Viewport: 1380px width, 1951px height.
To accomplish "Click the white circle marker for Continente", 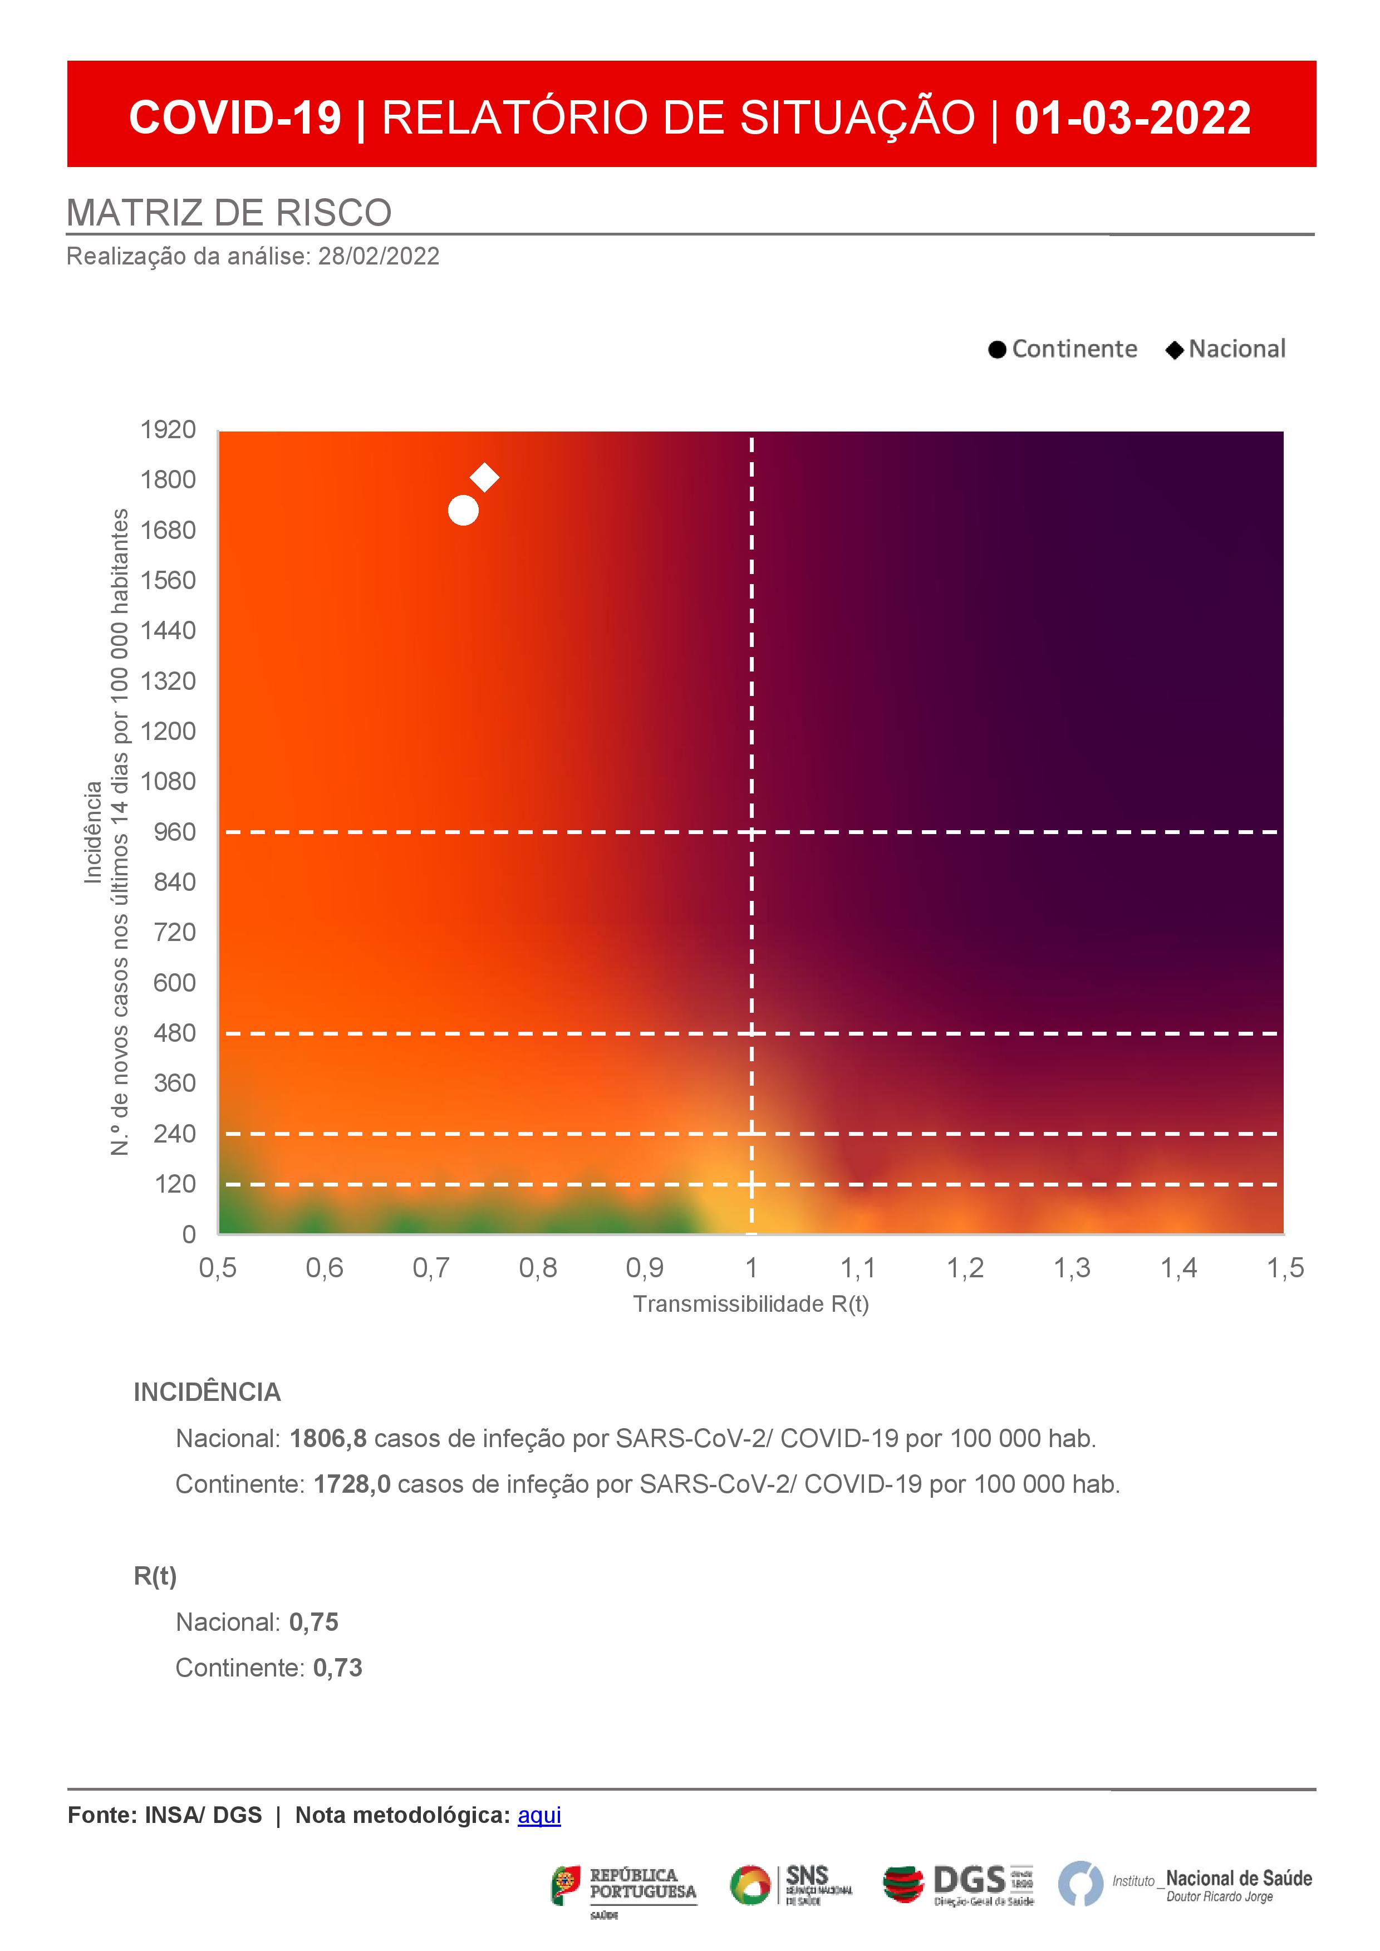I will click(463, 510).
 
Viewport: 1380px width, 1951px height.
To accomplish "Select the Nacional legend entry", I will click(1226, 349).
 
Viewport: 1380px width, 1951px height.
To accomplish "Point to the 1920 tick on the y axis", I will click(168, 430).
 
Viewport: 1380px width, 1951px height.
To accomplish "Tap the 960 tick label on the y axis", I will click(175, 832).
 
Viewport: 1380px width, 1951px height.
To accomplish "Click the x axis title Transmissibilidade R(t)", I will click(751, 1305).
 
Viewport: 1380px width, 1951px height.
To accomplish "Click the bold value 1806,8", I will click(328, 1439).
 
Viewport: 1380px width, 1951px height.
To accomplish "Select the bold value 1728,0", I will click(352, 1484).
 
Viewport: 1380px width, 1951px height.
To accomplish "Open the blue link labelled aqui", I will click(539, 1816).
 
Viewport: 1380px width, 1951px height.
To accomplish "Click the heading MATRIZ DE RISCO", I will click(229, 213).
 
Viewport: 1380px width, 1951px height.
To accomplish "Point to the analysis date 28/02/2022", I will click(379, 257).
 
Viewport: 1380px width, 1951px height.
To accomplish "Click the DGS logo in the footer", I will click(959, 1885).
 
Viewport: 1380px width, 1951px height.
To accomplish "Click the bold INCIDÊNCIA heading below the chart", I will click(207, 1393).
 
